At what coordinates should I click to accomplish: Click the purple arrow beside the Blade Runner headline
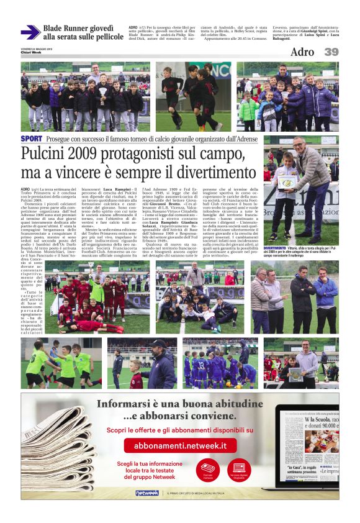click(30, 32)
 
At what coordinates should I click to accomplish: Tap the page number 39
click(331, 52)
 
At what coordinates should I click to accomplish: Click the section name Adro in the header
click(302, 52)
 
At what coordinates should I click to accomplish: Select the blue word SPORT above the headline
click(31, 139)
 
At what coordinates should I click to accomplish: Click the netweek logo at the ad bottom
click(147, 493)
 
